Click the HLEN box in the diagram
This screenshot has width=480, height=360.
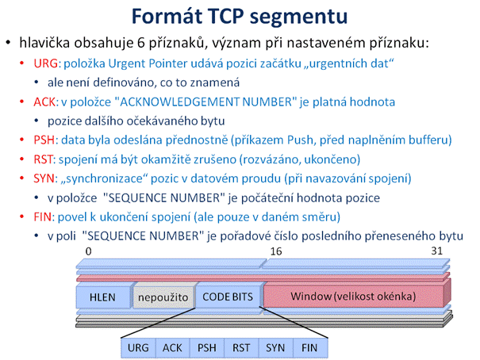[103, 297]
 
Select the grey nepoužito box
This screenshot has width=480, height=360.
[163, 297]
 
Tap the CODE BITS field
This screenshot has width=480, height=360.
[228, 297]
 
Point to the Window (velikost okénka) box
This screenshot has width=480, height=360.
[353, 296]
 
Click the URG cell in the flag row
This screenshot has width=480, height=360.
[138, 348]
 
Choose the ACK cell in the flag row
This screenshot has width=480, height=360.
[173, 348]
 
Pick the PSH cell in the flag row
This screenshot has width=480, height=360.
[207, 348]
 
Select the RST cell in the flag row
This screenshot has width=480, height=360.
[241, 348]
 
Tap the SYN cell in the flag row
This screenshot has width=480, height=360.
[276, 348]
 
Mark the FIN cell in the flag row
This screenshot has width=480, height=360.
[310, 348]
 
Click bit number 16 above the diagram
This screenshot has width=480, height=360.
[276, 251]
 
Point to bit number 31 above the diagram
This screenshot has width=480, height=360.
[437, 251]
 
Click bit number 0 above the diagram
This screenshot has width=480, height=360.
[89, 251]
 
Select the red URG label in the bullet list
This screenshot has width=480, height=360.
[45, 63]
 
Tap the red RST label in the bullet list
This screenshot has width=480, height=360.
[43, 159]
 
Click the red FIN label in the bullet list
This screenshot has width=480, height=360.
[42, 217]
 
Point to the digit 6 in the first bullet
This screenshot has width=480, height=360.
[140, 43]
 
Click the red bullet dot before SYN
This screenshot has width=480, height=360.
[21, 178]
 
